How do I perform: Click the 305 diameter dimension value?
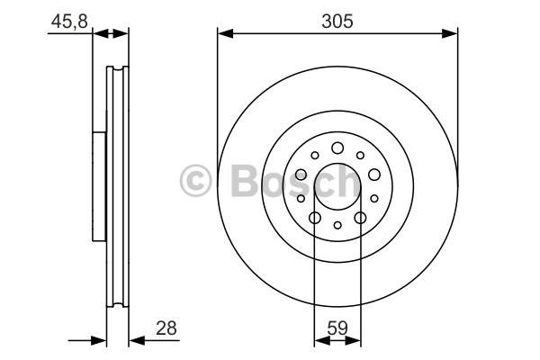pyautogui.click(x=337, y=22)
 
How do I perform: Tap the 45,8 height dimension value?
pyautogui.click(x=69, y=22)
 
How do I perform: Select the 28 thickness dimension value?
pyautogui.click(x=166, y=328)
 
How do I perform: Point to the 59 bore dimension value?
pyautogui.click(x=337, y=328)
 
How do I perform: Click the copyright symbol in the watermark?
pyautogui.click(x=195, y=180)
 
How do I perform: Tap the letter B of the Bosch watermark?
pyautogui.click(x=245, y=180)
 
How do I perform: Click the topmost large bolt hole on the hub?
pyautogui.click(x=337, y=148)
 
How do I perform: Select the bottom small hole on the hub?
pyautogui.click(x=337, y=225)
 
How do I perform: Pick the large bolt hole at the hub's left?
pyautogui.click(x=301, y=175)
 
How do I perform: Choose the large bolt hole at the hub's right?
pyautogui.click(x=374, y=175)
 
